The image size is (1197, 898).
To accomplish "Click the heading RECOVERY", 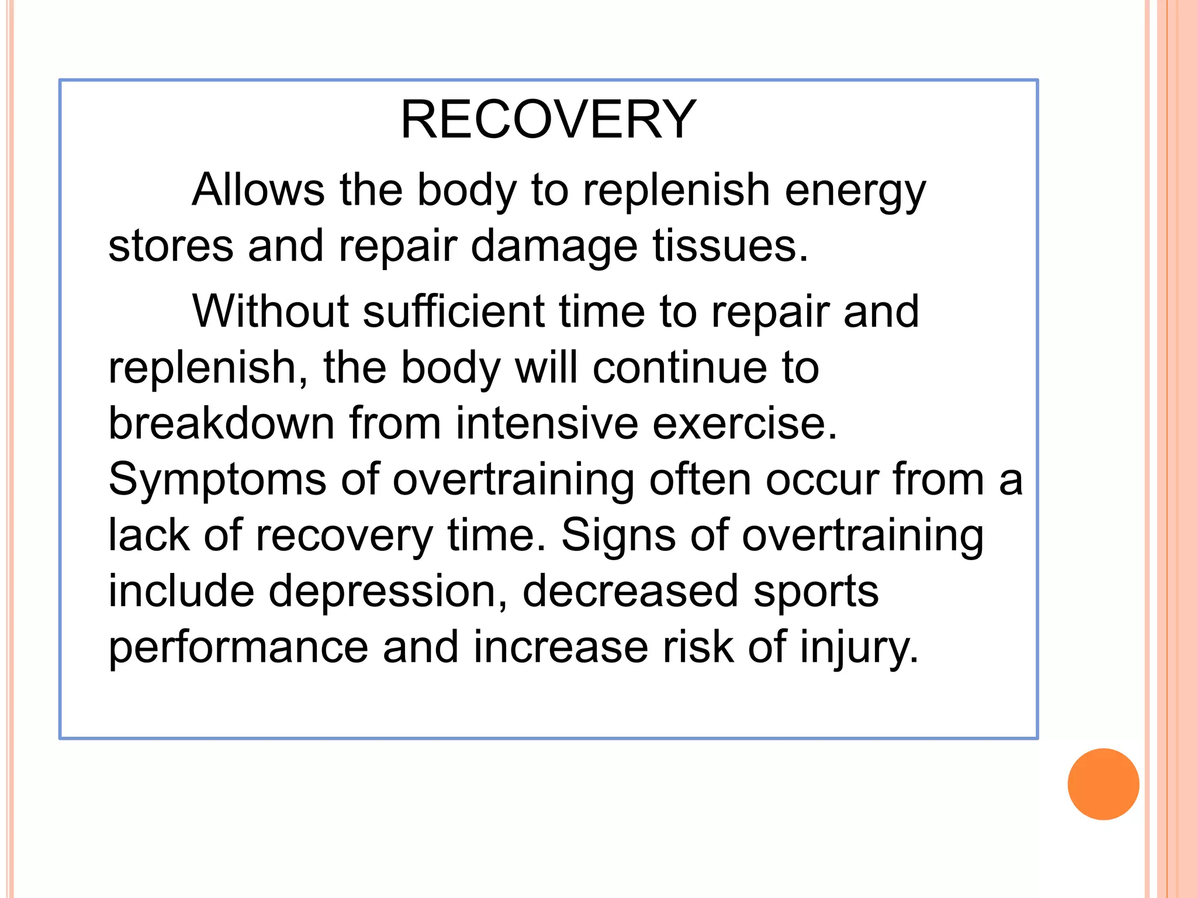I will point(548,120).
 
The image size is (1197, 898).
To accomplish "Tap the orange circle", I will point(1103,784).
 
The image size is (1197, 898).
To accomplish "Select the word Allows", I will point(258,190).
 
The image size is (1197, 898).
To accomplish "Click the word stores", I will point(171,246).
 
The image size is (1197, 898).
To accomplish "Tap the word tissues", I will point(730,246).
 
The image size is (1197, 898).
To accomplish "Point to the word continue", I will point(679,368).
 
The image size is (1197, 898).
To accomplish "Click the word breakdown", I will point(222,423).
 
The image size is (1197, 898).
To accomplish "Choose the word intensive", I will point(546,423).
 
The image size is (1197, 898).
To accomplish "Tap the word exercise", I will point(745,423).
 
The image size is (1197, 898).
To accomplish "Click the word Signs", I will point(618,536).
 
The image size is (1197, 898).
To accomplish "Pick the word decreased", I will point(630,591).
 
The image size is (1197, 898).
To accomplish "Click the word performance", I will point(238,648).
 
